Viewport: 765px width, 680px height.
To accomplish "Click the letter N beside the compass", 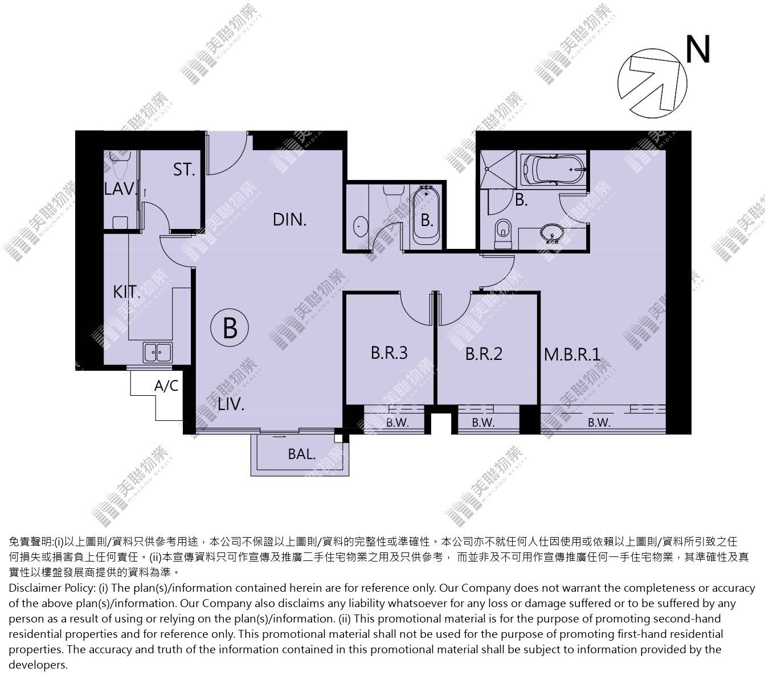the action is [698, 49].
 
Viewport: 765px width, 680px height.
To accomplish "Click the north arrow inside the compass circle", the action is [652, 83].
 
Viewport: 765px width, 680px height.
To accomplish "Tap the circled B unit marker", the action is [230, 327].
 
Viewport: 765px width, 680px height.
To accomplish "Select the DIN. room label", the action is [289, 220].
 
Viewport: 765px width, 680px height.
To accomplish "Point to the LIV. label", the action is [231, 404].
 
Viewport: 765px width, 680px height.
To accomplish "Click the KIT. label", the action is [126, 292].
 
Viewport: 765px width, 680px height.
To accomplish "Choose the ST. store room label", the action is [184, 170].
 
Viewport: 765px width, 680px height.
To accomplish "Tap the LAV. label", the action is [120, 189].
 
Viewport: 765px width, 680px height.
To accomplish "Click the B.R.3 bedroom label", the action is [389, 353].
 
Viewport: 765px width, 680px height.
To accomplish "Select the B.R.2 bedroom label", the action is [484, 354].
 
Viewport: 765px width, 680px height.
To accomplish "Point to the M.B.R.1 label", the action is [572, 355].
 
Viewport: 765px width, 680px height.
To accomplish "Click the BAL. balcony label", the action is [302, 454].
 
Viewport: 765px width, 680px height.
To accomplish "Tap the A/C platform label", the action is [166, 386].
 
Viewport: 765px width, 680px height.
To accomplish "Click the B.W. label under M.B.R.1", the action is [599, 423].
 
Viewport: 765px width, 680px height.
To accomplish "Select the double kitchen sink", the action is [157, 353].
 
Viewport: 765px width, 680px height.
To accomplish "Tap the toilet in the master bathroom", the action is [502, 234].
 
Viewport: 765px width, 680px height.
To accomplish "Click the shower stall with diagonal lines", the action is [498, 170].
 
